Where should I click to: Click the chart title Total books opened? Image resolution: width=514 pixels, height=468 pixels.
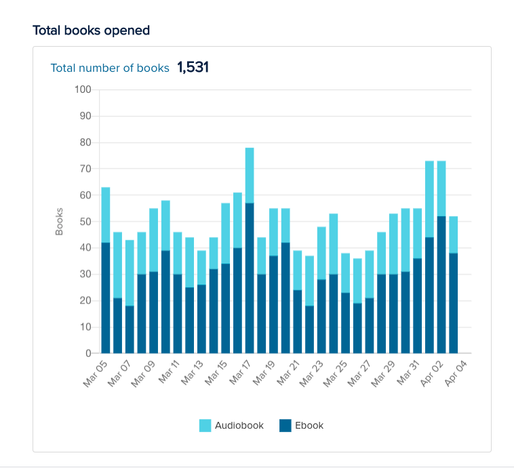click(92, 30)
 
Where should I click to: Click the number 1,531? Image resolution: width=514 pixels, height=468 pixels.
click(193, 68)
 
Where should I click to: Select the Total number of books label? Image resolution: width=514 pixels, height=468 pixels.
click(110, 68)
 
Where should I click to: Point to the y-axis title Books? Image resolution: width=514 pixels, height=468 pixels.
click(59, 221)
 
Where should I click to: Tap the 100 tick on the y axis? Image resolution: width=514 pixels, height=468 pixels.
click(83, 89)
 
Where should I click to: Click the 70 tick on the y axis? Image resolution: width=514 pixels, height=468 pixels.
click(85, 169)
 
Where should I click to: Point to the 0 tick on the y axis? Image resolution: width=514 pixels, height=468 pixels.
click(87, 354)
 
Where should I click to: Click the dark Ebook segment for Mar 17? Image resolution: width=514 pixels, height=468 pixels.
click(250, 278)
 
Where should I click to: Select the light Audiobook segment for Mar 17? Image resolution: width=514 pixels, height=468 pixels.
click(250, 175)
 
